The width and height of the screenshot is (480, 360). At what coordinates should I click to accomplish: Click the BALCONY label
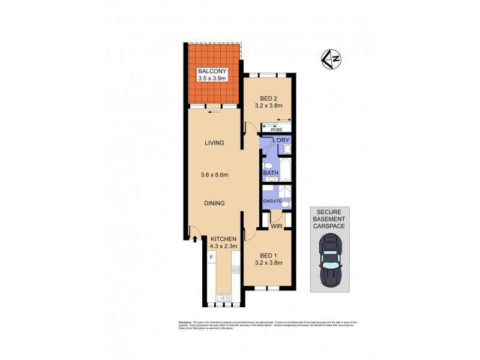click(214, 71)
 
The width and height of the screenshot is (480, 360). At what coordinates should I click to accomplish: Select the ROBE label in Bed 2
click(277, 130)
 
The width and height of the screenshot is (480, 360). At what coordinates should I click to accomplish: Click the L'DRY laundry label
click(281, 140)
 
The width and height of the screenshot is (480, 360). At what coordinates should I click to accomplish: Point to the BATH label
click(270, 174)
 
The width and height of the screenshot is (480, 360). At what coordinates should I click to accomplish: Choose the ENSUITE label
click(272, 200)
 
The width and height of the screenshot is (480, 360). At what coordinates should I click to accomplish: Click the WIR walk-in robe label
click(276, 227)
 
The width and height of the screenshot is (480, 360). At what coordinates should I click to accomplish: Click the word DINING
click(214, 203)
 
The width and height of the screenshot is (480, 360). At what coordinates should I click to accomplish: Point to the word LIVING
click(214, 143)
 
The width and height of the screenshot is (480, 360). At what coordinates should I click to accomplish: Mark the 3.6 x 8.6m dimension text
click(214, 175)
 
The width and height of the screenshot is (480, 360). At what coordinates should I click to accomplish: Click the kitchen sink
click(224, 296)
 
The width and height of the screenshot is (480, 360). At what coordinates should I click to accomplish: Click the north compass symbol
click(331, 59)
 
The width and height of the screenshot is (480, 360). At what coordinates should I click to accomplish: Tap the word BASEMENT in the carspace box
click(330, 219)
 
